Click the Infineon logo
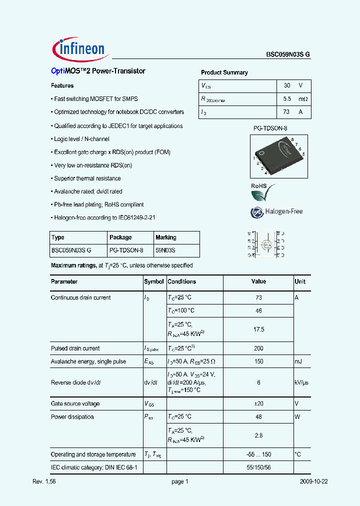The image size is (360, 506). pos(78,48)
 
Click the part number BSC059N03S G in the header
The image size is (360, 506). pos(287,55)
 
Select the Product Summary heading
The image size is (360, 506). pos(224,72)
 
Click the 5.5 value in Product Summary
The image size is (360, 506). pos(287,99)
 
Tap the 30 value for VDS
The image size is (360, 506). pos(287,85)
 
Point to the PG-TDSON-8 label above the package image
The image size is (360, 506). pos(269,128)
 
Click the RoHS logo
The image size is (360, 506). pos(262,192)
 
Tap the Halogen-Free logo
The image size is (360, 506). pos(276,211)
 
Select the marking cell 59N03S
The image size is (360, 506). pos(165,250)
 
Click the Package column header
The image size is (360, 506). pos(120,237)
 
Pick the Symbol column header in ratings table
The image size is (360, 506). pos(154,281)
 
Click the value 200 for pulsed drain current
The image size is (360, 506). pos(258,348)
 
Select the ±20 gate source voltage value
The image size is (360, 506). pos(258,403)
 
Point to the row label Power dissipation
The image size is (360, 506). pos(72,416)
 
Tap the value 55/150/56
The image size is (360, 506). pos(258,467)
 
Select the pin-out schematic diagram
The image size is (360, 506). pos(266,244)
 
